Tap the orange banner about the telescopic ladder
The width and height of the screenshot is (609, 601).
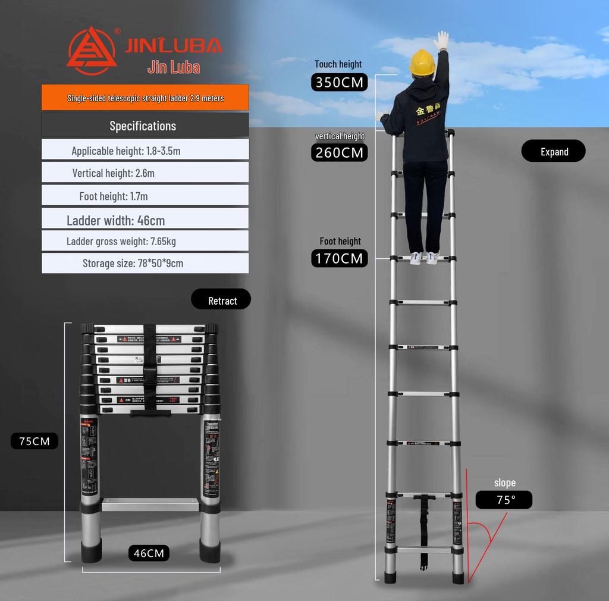[x=145, y=98]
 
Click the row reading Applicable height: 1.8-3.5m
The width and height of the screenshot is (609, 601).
[x=145, y=151]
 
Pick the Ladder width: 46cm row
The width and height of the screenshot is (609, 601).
[x=145, y=220]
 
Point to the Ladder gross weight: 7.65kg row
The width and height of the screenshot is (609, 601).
[x=145, y=241]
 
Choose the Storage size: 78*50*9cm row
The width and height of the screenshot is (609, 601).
[x=145, y=263]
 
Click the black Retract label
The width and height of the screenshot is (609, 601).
[x=221, y=300]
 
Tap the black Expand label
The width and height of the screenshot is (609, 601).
[x=553, y=152]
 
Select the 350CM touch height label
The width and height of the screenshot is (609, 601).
[x=339, y=82]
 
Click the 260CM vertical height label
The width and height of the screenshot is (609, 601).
[x=339, y=153]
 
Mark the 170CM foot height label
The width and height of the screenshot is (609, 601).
[x=339, y=258]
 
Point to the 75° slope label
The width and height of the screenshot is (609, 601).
[x=504, y=500]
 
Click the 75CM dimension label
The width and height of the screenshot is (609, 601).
[x=34, y=441]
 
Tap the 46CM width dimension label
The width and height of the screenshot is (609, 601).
[x=149, y=553]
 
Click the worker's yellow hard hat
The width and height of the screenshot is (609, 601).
[x=422, y=62]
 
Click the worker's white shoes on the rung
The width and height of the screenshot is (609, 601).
[x=423, y=258]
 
